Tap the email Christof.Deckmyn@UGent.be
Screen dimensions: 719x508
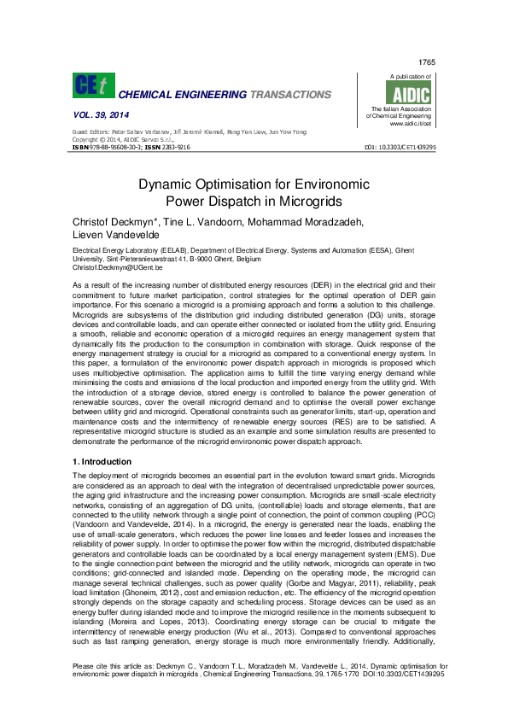116,266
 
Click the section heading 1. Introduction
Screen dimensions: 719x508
102,462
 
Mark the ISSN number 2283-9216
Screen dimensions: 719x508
176,147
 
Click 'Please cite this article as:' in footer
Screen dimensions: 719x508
114,688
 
